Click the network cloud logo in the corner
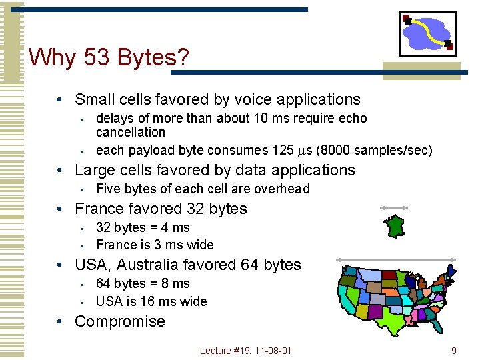(428, 33)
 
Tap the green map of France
(397, 225)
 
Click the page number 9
(453, 350)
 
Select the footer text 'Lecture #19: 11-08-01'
(245, 351)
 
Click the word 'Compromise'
(119, 321)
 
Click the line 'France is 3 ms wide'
(155, 245)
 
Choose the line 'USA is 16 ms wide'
(151, 301)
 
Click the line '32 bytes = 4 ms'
(143, 228)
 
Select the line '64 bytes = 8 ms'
(143, 284)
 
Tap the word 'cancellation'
(131, 133)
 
